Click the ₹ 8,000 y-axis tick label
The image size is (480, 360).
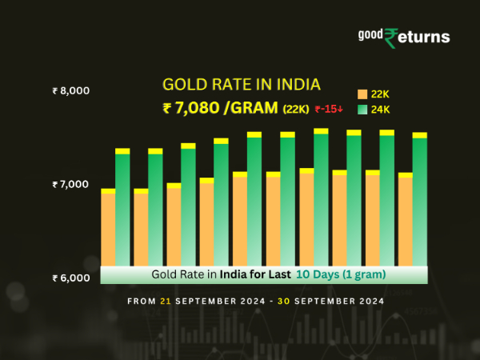coord(70,91)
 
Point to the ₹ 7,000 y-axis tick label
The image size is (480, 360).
coord(70,185)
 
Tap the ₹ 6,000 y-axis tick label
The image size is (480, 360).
coord(70,278)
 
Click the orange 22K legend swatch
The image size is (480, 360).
coord(362,94)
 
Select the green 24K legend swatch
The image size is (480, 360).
coord(362,109)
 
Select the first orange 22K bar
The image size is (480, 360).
coord(108,228)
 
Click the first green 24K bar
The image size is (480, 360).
coord(122,210)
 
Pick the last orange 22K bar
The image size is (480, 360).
coord(406,220)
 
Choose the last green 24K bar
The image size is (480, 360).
coord(420,202)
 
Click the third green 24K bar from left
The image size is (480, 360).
coord(188,207)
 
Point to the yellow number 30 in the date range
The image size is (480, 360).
coord(282,302)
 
